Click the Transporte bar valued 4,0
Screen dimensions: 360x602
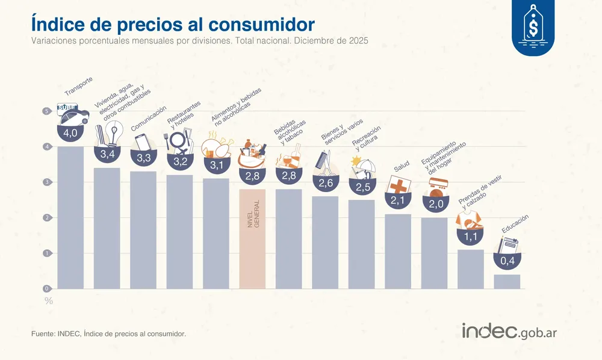pos(70,217)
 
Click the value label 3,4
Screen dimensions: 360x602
pos(107,155)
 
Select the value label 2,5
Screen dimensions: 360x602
pos(362,188)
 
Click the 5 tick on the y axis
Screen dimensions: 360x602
pos(46,111)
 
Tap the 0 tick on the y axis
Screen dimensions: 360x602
pos(46,289)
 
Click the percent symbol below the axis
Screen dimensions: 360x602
pos(49,301)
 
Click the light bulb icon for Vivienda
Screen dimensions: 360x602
pos(113,132)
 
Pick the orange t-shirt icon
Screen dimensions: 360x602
pos(470,222)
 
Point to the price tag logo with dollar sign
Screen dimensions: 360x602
pos(534,27)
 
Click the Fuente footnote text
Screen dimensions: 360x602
pos(108,333)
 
